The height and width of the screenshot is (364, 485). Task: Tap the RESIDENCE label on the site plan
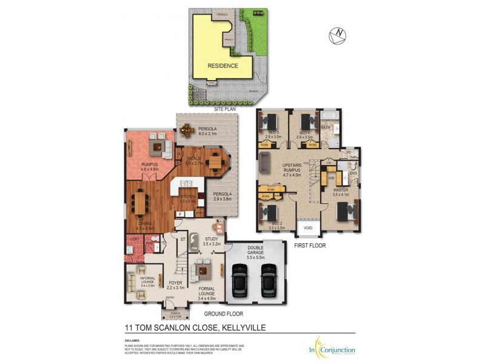(x=222, y=66)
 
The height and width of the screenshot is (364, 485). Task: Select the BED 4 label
(x=304, y=132)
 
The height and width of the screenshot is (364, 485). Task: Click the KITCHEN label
(x=186, y=197)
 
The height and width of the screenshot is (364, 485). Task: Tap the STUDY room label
(x=212, y=240)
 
